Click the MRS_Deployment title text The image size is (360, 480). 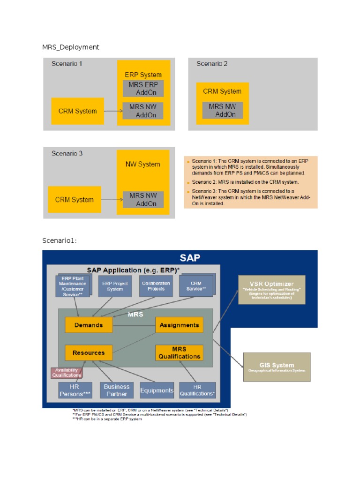click(71, 47)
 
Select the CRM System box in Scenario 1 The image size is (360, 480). click(77, 111)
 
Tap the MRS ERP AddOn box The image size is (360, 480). click(143, 88)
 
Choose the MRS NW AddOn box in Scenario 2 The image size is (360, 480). click(223, 110)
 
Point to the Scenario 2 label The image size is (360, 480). click(212, 64)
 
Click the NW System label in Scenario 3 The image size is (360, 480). click(142, 164)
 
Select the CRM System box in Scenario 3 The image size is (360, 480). click(75, 200)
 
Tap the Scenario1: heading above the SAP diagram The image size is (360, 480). click(59, 240)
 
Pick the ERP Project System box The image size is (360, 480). click(115, 286)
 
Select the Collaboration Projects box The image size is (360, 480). click(156, 286)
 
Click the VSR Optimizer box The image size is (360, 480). click(271, 290)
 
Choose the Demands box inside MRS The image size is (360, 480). click(89, 325)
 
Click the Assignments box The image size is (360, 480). click(179, 325)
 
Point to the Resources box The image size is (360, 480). click(89, 352)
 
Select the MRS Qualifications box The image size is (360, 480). click(179, 352)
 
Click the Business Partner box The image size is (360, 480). click(117, 390)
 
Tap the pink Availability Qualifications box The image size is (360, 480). click(67, 373)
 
